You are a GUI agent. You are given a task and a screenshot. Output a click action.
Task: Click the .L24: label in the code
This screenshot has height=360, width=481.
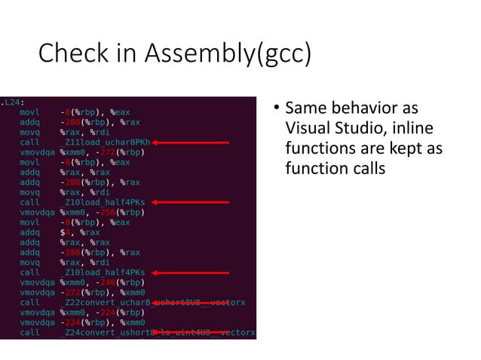click(11, 101)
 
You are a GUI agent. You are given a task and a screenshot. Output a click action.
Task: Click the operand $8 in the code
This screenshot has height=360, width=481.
click(65, 232)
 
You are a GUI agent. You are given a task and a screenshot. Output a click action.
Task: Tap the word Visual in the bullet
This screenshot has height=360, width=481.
click(307, 129)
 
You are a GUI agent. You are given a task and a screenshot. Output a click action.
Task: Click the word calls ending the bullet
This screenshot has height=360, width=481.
click(366, 168)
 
